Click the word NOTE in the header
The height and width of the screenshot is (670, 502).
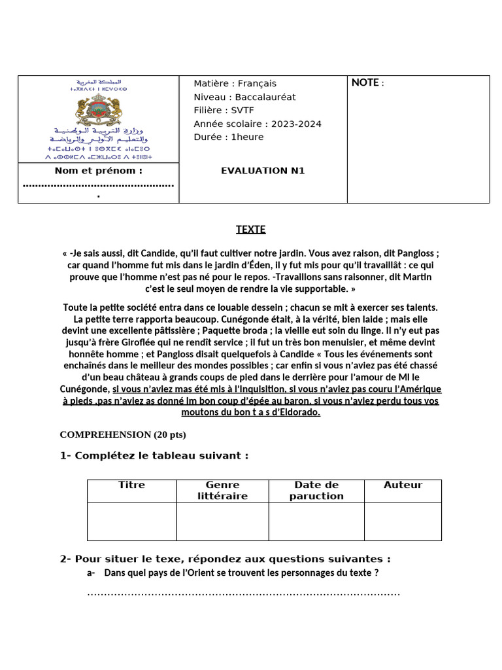pyautogui.click(x=365, y=82)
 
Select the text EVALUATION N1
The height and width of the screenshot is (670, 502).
pyautogui.click(x=263, y=171)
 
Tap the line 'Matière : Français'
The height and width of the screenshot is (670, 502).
pyautogui.click(x=235, y=83)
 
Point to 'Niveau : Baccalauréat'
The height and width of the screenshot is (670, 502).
pyautogui.click(x=244, y=97)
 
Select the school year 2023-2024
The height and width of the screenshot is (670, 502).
pyautogui.click(x=295, y=124)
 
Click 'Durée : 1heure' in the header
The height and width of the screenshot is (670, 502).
pyautogui.click(x=229, y=137)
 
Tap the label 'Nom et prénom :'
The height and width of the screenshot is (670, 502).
pyautogui.click(x=99, y=171)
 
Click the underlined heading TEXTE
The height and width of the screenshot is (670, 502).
pyautogui.click(x=251, y=230)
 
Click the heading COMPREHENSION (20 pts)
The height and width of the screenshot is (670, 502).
pyautogui.click(x=123, y=434)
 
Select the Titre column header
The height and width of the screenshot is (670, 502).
pyautogui.click(x=131, y=485)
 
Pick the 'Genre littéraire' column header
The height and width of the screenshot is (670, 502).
pyautogui.click(x=222, y=490)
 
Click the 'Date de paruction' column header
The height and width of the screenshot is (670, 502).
pyautogui.click(x=316, y=490)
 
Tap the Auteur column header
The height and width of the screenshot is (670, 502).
pyautogui.click(x=403, y=485)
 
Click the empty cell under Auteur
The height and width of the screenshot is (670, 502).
pyautogui.click(x=403, y=521)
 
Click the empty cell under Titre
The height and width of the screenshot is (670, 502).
pyautogui.click(x=131, y=521)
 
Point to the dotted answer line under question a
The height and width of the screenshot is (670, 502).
pyautogui.click(x=243, y=593)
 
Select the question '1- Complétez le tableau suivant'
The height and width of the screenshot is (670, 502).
pyautogui.click(x=154, y=455)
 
